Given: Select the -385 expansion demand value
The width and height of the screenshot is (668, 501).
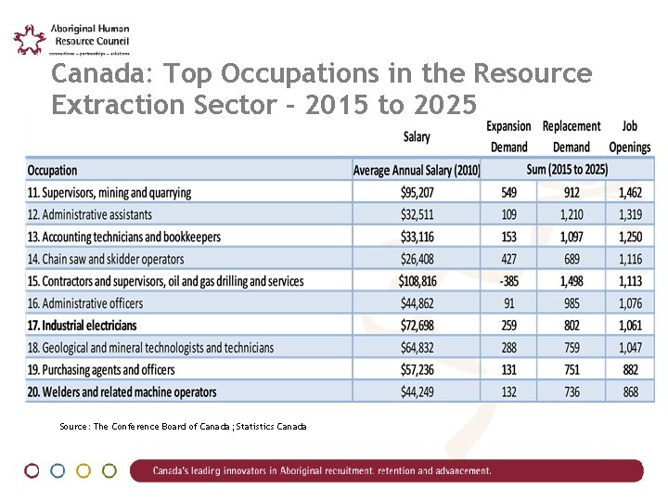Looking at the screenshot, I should tap(508, 281).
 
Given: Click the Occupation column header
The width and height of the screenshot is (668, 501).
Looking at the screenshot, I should tap(53, 170).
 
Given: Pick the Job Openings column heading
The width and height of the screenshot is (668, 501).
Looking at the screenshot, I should tap(629, 136).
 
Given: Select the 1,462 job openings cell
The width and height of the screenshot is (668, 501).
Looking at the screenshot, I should tap(630, 193).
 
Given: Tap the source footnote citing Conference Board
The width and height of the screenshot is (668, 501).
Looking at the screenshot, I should tap(182, 427).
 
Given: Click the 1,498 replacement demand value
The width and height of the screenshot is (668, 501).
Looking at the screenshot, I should tap(572, 281).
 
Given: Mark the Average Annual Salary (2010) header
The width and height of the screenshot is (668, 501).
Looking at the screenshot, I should tap(417, 170).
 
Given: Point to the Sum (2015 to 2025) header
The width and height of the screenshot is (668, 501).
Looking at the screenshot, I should tap(567, 170).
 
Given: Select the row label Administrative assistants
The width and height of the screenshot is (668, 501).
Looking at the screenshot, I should tap(89, 215).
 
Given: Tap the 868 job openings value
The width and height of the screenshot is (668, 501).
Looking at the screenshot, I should tap(630, 392).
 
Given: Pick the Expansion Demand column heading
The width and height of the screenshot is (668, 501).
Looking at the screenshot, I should tap(508, 136).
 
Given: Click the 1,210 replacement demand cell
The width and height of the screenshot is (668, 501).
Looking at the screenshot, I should tap(572, 215).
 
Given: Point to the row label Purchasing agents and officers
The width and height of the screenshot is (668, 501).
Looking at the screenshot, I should tap(101, 370).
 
